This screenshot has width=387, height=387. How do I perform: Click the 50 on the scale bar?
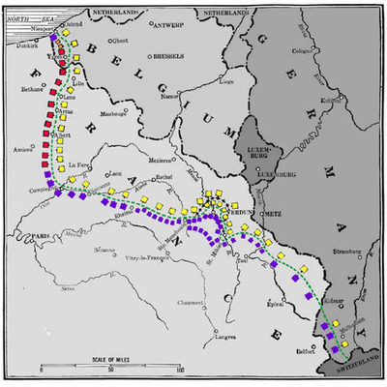[x=110, y=371]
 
